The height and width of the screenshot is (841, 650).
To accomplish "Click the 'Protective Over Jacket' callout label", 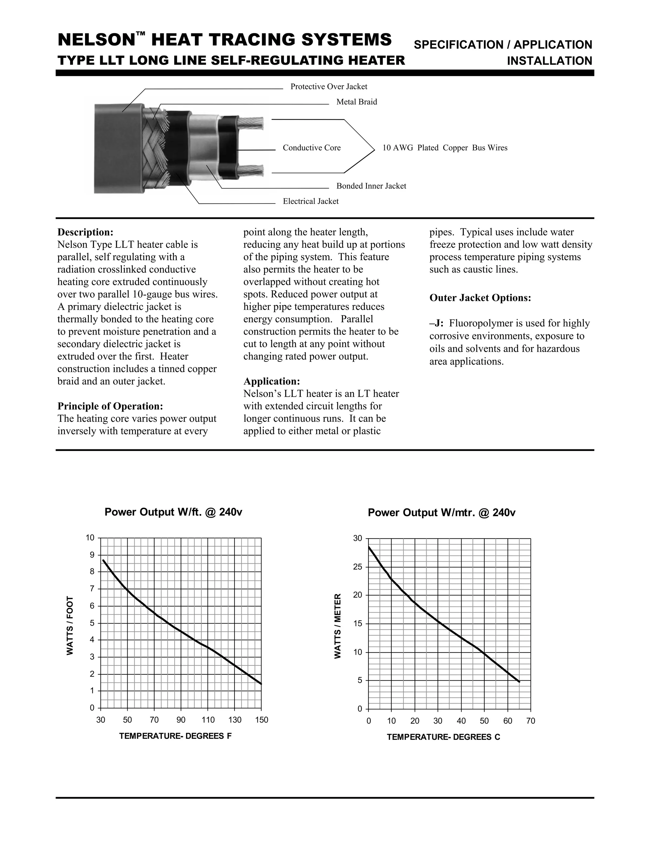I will coord(328,87).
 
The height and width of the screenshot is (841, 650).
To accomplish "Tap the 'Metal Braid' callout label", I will coord(356,102).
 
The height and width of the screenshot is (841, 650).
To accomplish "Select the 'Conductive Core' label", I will coord(312,148).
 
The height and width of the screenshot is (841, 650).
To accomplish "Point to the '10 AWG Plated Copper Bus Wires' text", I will coord(445,148).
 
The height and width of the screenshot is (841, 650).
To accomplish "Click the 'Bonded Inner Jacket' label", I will coord(371,186).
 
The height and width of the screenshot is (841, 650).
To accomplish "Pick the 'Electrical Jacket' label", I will coord(311,202).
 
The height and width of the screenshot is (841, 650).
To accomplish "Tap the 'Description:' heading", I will coord(85,232).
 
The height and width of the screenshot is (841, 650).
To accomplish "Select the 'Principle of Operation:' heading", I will coord(110,406).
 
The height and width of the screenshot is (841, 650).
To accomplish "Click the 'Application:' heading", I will coord(271,381).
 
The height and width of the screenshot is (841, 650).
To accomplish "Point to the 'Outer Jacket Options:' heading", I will coord(480,298).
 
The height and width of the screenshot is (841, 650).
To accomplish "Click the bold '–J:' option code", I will coord(437,323).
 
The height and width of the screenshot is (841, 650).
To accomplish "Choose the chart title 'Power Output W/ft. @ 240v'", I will coord(173,512).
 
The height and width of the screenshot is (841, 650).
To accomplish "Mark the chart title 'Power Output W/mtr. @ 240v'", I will coord(441,513).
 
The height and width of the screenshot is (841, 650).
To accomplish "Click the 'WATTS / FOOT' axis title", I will coord(70,626).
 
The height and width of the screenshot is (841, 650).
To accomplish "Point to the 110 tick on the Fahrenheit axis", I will coord(208,720).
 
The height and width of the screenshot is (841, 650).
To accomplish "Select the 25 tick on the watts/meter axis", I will coord(358,567).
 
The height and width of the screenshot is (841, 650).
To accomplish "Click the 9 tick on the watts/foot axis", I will coord(92,555).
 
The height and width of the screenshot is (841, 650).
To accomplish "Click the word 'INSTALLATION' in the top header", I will coord(549,61).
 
